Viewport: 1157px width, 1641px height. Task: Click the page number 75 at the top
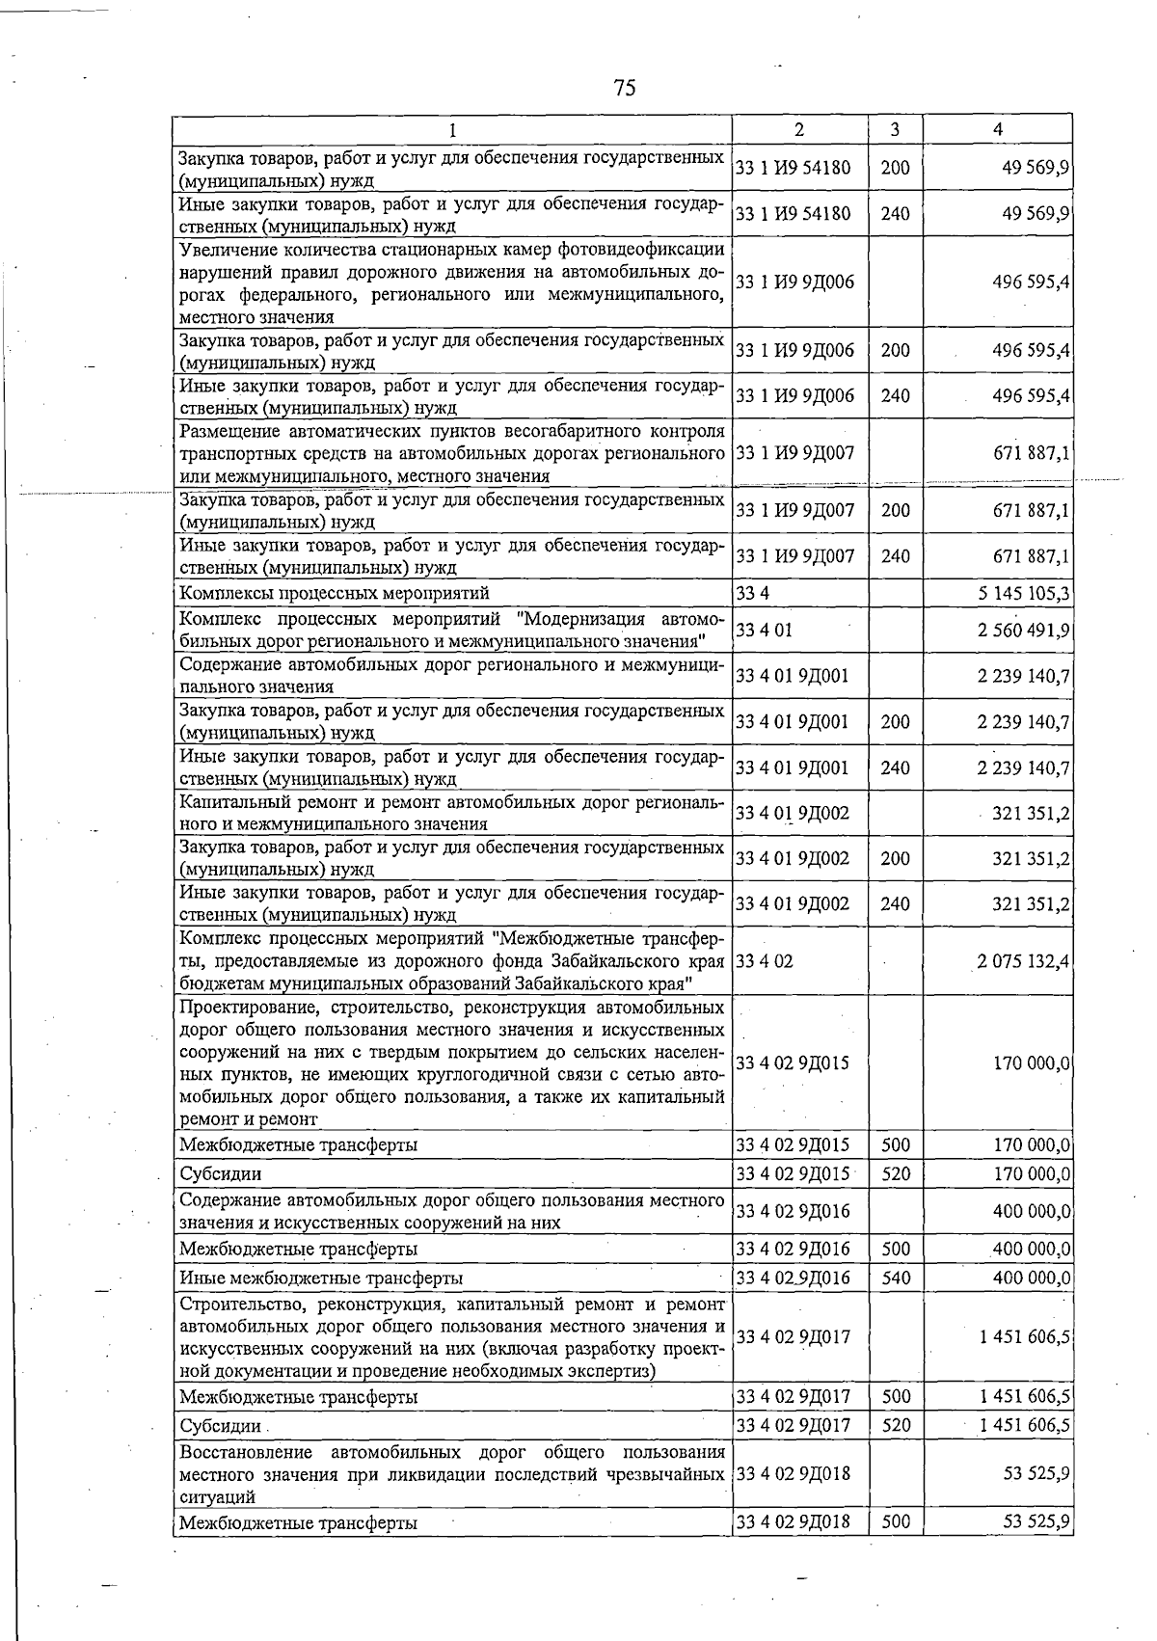point(624,88)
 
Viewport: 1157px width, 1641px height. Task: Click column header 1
point(453,129)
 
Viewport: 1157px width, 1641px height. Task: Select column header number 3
point(895,129)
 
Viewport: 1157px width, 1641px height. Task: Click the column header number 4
point(998,129)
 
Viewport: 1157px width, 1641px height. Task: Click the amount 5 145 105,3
point(1023,592)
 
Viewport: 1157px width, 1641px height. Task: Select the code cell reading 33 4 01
point(764,630)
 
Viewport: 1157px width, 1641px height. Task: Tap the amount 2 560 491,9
point(1023,630)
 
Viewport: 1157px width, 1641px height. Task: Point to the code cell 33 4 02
point(764,961)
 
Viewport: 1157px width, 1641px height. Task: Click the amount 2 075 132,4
point(1023,961)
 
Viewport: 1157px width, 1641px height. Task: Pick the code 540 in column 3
point(895,1278)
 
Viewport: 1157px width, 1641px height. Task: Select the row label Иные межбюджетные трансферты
point(321,1278)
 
